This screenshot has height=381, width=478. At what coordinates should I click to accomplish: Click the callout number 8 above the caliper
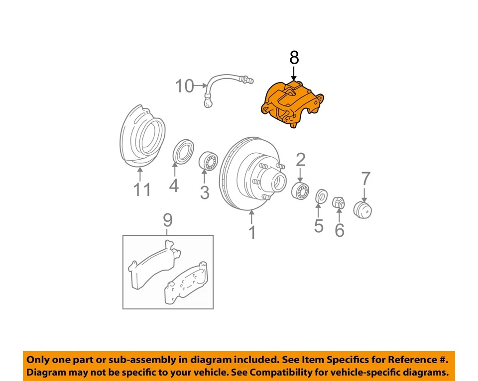coord(294,58)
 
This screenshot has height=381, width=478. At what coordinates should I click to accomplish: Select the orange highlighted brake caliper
coord(292,105)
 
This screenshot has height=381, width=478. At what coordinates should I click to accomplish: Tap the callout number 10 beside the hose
coord(184,87)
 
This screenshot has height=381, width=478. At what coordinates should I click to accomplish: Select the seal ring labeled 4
coord(184,151)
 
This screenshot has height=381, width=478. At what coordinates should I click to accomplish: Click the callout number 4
coord(173,186)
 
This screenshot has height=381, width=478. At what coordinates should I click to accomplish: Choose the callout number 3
coord(205,192)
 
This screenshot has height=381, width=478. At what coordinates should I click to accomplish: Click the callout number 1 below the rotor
coord(252,232)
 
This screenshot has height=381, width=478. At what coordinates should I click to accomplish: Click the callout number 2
coord(301,160)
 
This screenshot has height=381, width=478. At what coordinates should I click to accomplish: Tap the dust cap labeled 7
coord(363,209)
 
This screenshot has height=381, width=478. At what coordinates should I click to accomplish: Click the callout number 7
coord(366,178)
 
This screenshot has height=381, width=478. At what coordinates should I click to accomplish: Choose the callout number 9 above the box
coord(168,219)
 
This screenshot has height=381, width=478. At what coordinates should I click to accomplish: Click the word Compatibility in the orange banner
coord(287,372)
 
